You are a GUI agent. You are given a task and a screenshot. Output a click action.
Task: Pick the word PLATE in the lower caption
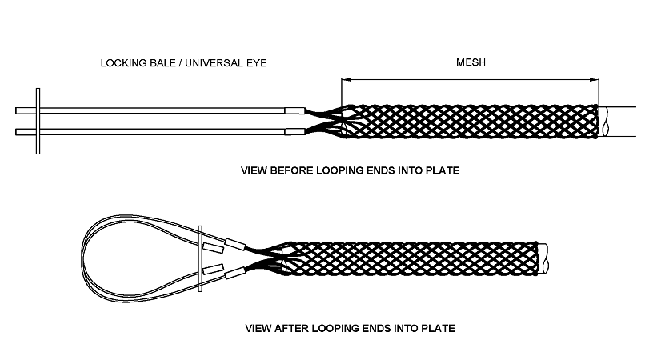pyautogui.click(x=437, y=328)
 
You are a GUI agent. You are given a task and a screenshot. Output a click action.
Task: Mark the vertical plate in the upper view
pyautogui.click(x=38, y=119)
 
